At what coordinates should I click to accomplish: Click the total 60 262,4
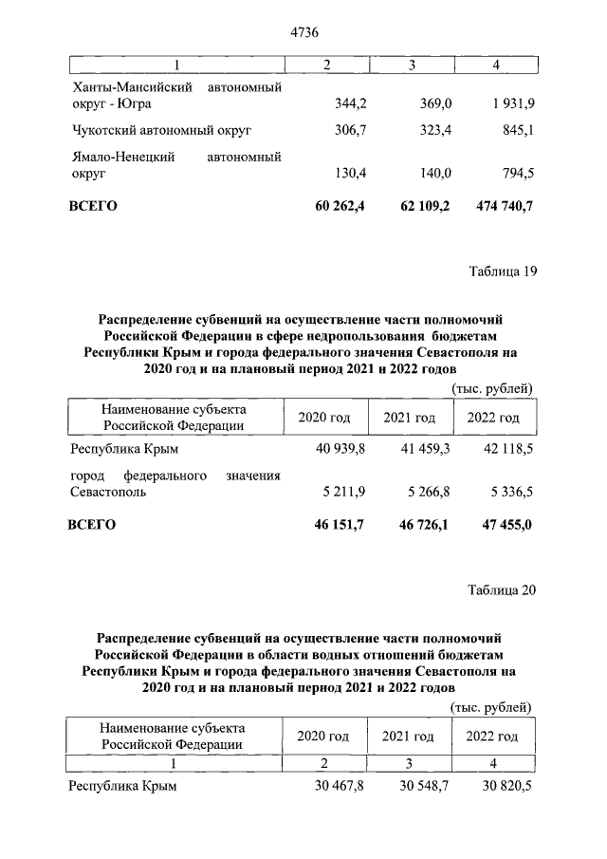[x=339, y=206]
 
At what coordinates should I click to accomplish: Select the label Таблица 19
[x=503, y=271]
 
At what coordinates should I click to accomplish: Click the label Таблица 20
[x=503, y=589]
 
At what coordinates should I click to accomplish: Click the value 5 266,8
[x=425, y=492]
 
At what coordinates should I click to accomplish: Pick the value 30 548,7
[x=422, y=787]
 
